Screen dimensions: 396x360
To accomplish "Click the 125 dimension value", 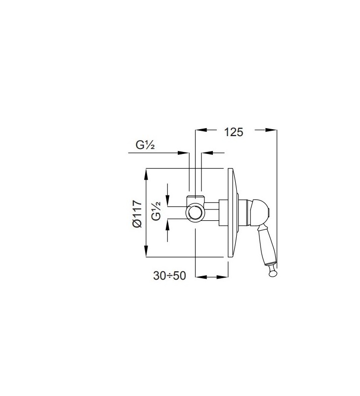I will pos(234,132).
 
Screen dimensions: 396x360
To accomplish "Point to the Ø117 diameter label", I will pos(138,213).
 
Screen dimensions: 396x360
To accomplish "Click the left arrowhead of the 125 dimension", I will pos(201,131).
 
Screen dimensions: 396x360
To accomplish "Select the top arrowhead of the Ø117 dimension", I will pos(147,174).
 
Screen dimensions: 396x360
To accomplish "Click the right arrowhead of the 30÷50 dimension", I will pos(223,276).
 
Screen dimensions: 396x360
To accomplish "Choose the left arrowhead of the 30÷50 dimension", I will pos(201,276).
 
